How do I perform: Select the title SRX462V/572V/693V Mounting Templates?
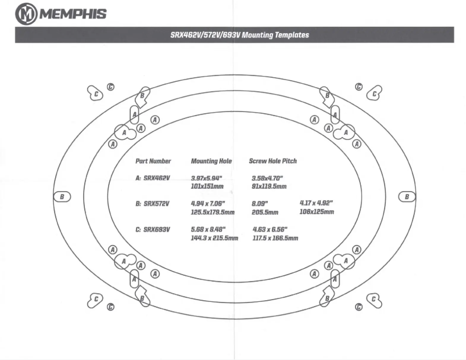click(239, 35)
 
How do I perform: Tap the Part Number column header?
click(153, 160)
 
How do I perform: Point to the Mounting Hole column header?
click(212, 160)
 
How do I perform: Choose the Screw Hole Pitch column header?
click(273, 160)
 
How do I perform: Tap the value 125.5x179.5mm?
click(212, 212)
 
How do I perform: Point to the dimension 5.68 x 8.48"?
click(210, 229)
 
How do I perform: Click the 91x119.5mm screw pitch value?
click(269, 186)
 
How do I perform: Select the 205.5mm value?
click(264, 212)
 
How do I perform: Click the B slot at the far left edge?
click(62, 197)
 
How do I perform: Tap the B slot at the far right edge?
click(407, 197)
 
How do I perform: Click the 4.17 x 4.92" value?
click(316, 203)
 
